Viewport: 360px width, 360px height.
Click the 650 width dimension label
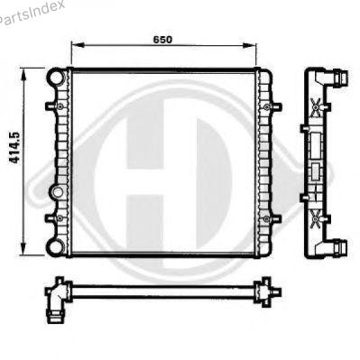coord(162,40)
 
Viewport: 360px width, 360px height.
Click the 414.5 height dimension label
coord(14,148)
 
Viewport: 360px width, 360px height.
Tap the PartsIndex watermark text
coord(31,13)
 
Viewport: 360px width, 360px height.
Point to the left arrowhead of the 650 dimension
coord(78,45)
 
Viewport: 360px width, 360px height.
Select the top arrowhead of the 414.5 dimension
coord(23,74)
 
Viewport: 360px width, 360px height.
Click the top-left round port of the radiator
coord(56,78)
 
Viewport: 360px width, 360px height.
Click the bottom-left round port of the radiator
coord(55,247)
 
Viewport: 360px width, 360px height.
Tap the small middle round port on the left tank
coord(57,191)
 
